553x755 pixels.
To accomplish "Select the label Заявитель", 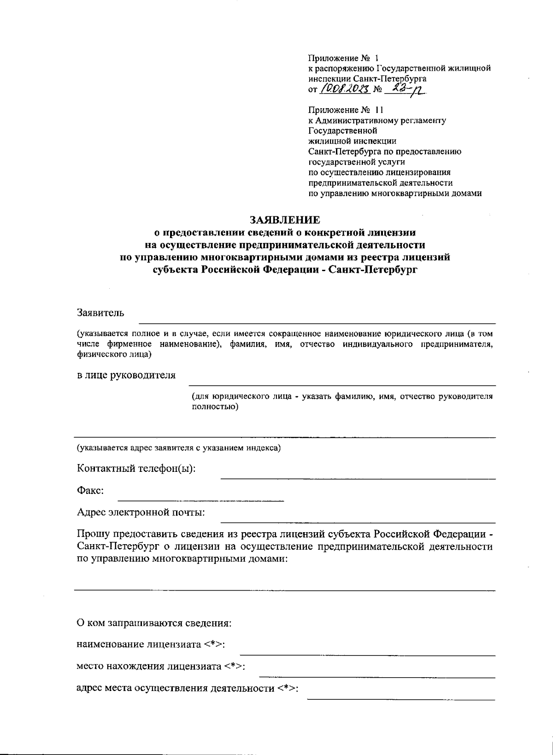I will [x=100, y=313].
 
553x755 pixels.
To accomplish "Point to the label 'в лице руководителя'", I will [x=126, y=375].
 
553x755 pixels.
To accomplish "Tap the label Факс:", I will [x=90, y=491].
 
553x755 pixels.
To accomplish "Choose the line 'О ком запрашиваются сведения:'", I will [x=154, y=624].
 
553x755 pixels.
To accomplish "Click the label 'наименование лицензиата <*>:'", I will [x=151, y=645].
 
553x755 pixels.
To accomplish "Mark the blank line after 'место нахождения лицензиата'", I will [x=377, y=677].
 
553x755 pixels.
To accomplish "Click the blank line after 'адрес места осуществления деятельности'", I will [x=401, y=699].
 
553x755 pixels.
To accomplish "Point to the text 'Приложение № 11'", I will [x=345, y=110].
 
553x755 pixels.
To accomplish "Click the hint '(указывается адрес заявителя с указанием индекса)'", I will [x=178, y=447].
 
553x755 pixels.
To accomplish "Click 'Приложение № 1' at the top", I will [x=343, y=58].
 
